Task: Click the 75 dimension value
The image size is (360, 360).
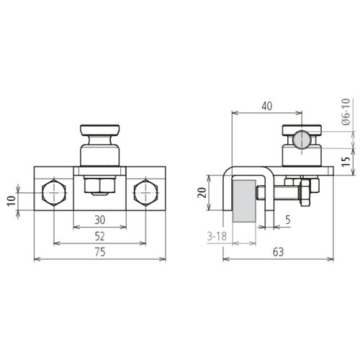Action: [x=100, y=252]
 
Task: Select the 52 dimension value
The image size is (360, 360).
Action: [x=100, y=236]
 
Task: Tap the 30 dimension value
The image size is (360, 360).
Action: [x=100, y=220]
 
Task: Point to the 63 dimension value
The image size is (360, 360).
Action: [x=278, y=252]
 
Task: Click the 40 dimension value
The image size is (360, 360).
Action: [x=267, y=106]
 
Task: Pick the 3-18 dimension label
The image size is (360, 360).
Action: [x=217, y=236]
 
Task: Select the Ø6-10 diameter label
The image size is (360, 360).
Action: [x=346, y=112]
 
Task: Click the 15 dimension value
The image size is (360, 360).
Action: [x=346, y=161]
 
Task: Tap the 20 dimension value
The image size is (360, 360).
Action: [x=202, y=193]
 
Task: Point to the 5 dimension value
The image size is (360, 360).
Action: [x=288, y=220]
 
